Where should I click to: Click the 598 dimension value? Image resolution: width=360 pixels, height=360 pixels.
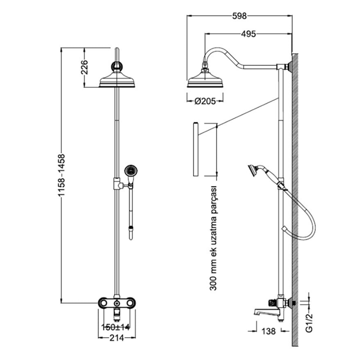tap(240, 16)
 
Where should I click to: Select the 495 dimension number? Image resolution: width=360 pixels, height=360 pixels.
tap(248, 34)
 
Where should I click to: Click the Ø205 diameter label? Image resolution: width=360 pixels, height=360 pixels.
tap(205, 101)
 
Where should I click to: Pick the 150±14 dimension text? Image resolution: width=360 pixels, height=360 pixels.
tap(116, 327)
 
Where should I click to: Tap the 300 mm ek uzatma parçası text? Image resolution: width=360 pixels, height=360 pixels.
tap(213, 238)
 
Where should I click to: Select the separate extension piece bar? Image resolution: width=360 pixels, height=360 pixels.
tap(196, 149)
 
